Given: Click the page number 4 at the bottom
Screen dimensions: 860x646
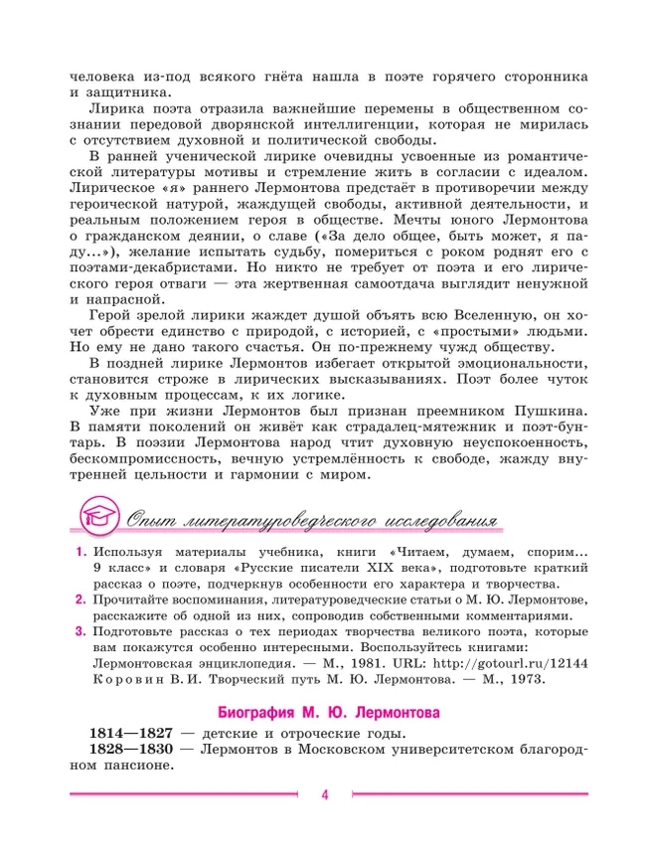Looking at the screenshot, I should [x=324, y=793].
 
